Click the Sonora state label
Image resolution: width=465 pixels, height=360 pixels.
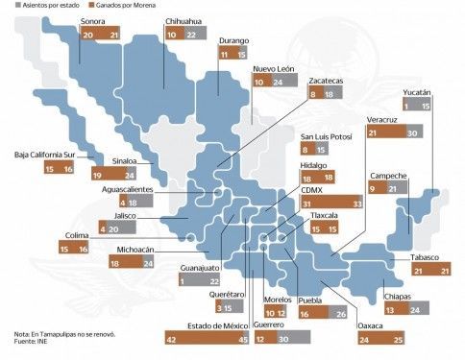pos(92,21)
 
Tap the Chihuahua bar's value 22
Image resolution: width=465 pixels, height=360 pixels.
pos(191,35)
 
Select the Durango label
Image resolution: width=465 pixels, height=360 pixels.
pos(233,40)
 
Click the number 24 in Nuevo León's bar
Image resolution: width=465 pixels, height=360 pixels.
pos(278,83)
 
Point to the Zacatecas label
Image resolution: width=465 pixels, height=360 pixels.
pos(326,81)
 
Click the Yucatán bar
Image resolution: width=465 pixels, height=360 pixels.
pos(416,105)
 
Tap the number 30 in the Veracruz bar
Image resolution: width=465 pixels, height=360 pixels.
pos(412,132)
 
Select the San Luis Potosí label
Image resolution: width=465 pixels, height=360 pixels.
pos(326,136)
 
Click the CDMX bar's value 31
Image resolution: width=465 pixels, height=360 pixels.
pos(306,204)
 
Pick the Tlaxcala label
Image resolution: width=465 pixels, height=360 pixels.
pos(324,215)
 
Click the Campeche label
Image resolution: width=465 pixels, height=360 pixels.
pos(388,176)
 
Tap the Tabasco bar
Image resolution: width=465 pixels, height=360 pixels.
pos(431,269)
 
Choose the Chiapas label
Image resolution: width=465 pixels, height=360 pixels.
pos(397,297)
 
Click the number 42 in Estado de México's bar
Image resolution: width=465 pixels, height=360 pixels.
pos(172,340)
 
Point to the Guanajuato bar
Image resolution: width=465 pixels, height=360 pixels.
pos(199,279)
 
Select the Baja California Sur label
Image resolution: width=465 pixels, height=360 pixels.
pos(45,155)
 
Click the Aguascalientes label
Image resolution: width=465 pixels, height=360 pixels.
pos(127,189)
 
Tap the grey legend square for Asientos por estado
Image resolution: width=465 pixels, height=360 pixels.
pos(18,5)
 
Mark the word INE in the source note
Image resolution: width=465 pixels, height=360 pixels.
pos(42,341)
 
